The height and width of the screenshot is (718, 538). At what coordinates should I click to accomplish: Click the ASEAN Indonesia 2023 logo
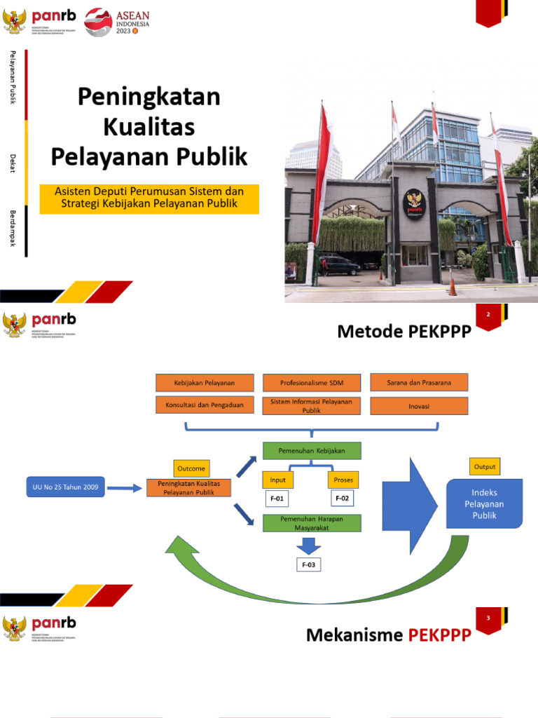pos(116,21)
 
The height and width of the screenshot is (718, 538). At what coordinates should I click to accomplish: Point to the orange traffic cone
pos(453,287)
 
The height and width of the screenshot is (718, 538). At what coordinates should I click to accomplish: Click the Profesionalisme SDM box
pos(312,383)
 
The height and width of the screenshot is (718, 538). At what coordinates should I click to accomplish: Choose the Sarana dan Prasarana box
pos(419,383)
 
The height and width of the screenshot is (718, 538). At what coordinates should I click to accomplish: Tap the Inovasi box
pos(419,406)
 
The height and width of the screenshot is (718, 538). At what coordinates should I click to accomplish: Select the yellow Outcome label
pos(191,468)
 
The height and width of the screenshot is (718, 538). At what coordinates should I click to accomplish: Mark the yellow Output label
pos(485,466)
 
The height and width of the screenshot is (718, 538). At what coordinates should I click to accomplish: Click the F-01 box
pos(277,499)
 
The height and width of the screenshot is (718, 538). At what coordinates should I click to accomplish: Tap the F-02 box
pos(343,499)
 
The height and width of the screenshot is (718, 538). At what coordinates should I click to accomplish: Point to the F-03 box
pos(308,565)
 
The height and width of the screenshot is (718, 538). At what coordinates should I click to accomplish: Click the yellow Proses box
pos(343,480)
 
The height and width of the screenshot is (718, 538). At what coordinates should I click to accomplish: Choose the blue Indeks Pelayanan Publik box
pos(485,503)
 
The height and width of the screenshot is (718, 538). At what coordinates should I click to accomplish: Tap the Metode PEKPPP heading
pos(401,331)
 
